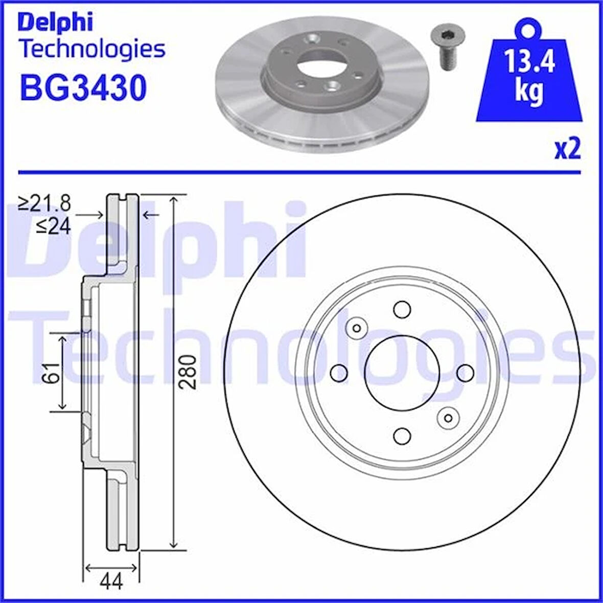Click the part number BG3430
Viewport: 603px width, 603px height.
tap(83, 87)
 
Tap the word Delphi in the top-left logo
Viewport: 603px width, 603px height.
tap(55, 22)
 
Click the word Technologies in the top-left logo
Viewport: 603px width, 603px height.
tap(92, 50)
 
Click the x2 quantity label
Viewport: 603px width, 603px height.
tap(567, 150)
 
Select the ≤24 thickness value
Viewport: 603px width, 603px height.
tap(53, 225)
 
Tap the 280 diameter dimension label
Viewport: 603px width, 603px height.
tap(190, 372)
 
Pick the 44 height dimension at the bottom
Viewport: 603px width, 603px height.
tap(111, 581)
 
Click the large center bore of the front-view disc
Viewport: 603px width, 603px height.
tap(403, 372)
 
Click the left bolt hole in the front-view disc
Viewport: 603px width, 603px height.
tap(340, 373)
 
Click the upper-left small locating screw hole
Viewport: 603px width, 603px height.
tap(357, 328)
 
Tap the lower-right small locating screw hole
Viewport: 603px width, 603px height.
tap(448, 418)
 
